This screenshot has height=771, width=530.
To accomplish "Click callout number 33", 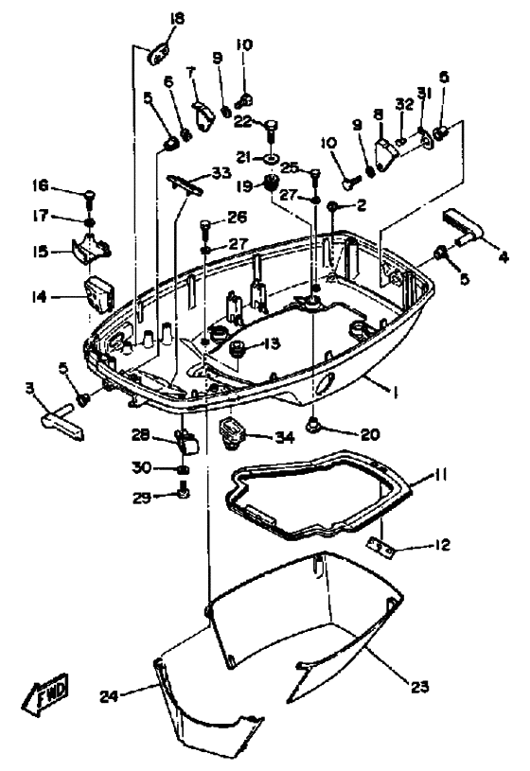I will (x=221, y=173).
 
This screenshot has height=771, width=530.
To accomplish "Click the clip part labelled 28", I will (x=185, y=439).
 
